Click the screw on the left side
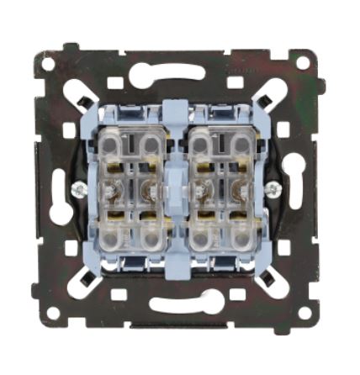77,190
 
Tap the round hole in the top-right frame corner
302,64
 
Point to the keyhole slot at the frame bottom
176,304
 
